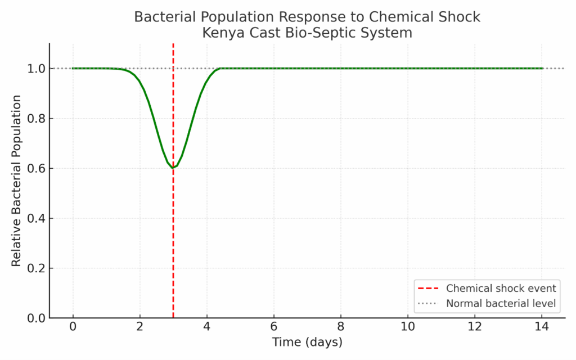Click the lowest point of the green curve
coord(173,168)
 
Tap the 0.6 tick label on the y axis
coord(35,168)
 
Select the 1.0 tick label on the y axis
coord(35,69)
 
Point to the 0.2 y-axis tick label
coord(35,268)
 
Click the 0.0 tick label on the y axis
coord(35,318)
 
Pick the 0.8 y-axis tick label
coord(35,119)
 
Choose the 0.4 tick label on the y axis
coord(35,218)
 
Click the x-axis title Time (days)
coord(307,342)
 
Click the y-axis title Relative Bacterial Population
coord(17,181)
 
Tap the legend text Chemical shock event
coord(501,289)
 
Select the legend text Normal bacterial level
coord(501,304)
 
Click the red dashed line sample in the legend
coord(429,289)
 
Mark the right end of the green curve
coord(542,69)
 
